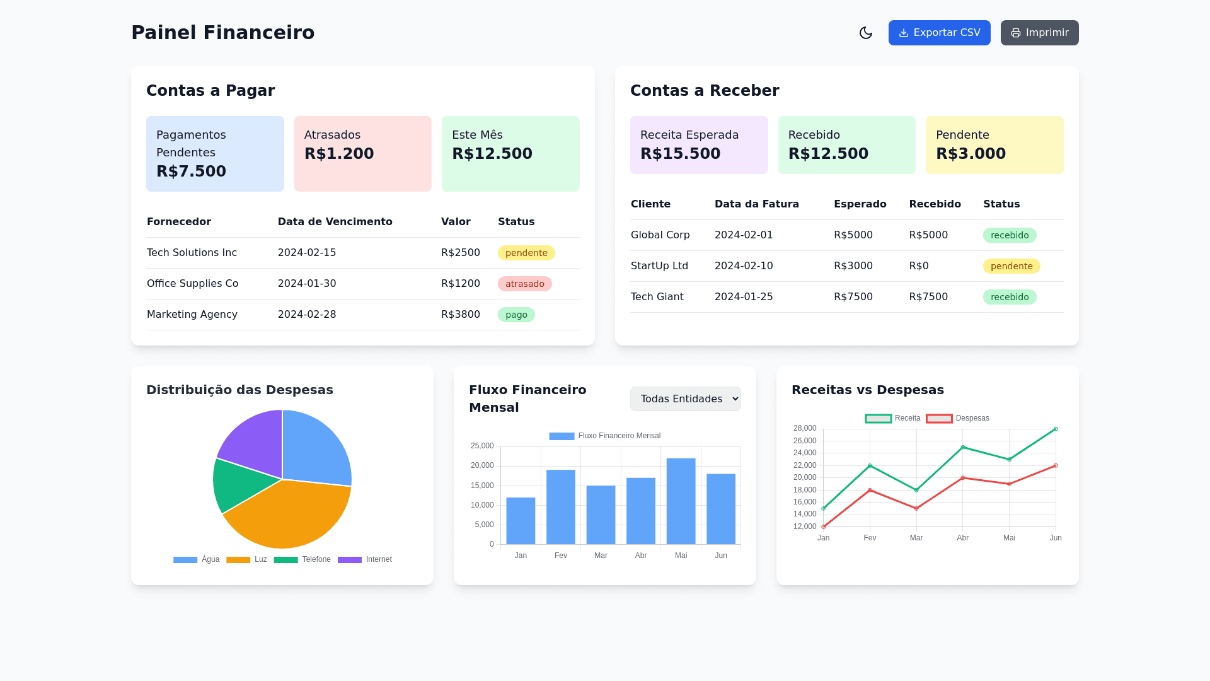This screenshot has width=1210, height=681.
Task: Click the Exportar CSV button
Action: [939, 33]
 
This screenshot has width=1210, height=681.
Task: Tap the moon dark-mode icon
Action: [866, 33]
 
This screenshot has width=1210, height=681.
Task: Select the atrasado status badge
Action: [524, 284]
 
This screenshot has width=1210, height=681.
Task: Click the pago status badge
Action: [516, 315]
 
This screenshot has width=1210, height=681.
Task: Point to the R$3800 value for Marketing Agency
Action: [460, 315]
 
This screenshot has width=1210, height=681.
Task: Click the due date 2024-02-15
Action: [307, 253]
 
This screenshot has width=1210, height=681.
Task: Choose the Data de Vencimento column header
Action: [335, 222]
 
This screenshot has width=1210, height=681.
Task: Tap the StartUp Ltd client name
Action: [659, 266]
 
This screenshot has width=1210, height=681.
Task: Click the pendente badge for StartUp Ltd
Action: [1011, 266]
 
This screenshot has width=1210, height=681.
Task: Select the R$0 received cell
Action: [919, 266]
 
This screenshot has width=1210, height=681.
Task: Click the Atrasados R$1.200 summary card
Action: [362, 154]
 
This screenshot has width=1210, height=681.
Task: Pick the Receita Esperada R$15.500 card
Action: [698, 145]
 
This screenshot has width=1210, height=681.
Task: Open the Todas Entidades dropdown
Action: [685, 399]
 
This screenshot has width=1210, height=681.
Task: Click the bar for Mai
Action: [681, 501]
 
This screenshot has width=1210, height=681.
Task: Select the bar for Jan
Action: [521, 521]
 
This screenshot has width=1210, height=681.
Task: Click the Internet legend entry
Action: [365, 559]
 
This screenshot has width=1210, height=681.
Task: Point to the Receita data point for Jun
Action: [1056, 429]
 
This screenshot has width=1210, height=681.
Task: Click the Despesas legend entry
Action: [958, 418]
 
